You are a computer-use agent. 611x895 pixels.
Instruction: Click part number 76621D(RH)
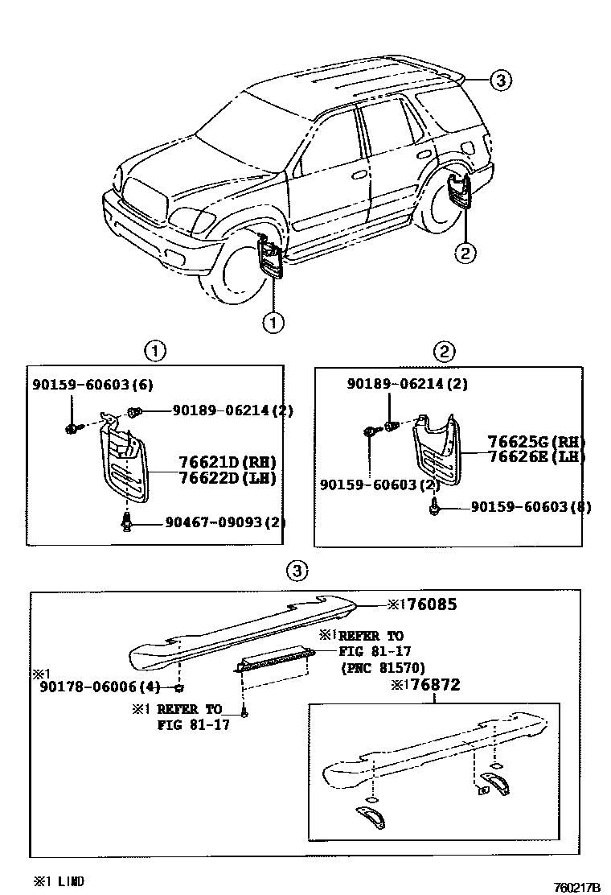(x=227, y=462)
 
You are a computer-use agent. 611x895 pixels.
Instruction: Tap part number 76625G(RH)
(x=536, y=442)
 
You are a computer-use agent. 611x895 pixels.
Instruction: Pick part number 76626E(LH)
(x=536, y=456)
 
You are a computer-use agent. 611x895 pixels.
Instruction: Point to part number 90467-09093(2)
(x=225, y=522)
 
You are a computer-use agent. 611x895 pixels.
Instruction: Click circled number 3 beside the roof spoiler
(x=499, y=80)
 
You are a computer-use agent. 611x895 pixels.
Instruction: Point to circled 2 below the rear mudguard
(x=464, y=253)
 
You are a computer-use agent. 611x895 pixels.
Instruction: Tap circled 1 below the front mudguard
(x=273, y=323)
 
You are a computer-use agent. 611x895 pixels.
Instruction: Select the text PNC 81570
(x=382, y=667)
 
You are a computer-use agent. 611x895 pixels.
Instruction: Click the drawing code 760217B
(x=576, y=886)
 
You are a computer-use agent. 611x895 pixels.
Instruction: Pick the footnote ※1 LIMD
(x=58, y=881)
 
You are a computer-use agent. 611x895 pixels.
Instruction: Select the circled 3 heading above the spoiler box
(x=297, y=571)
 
